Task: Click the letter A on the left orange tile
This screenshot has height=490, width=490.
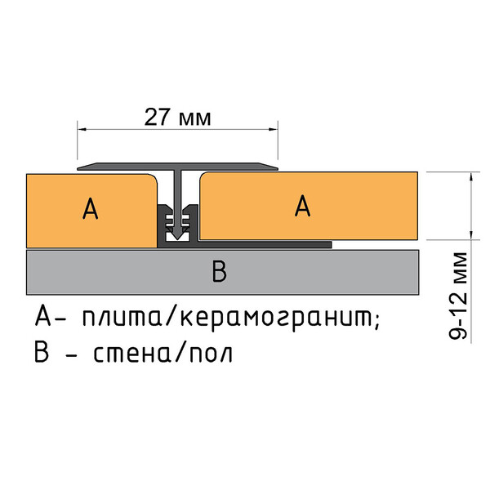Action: (91, 210)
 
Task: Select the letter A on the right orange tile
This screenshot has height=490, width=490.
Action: (303, 207)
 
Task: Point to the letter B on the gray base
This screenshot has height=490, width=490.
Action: (218, 273)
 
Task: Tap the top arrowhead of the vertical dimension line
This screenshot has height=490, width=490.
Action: (472, 176)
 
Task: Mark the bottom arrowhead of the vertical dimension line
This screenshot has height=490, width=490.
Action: (472, 238)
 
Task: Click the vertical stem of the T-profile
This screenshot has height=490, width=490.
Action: (177, 196)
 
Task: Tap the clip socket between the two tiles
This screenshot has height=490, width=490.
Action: (177, 225)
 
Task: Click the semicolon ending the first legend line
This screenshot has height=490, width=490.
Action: (377, 319)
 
